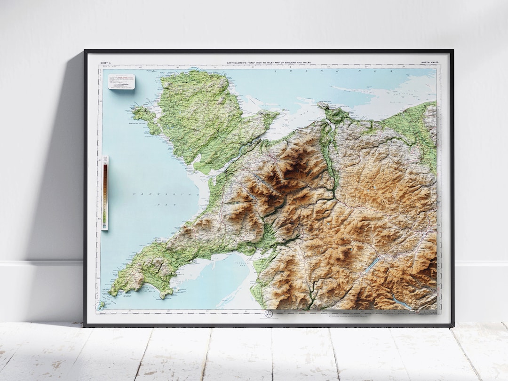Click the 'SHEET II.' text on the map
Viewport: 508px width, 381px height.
coord(104,62)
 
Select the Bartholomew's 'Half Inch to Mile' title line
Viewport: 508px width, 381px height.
coord(269,62)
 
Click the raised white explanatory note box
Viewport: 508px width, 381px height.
coord(121,81)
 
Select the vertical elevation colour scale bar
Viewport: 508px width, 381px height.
coord(104,193)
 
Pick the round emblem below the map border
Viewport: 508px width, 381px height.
coord(269,314)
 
